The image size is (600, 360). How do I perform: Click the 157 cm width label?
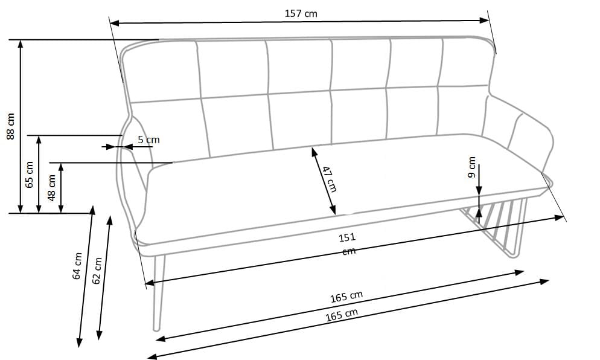click(301, 13)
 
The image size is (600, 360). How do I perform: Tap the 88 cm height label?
click(11, 126)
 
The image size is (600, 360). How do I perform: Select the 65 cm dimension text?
click(30, 175)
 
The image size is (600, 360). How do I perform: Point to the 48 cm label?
click(52, 188)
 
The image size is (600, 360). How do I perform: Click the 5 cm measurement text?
click(148, 140)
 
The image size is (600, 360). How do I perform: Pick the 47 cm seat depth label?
click(329, 179)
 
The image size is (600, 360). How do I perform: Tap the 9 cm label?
click(472, 167)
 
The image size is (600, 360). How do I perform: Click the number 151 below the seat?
click(347, 237)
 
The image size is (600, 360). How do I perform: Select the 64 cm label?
click(77, 266)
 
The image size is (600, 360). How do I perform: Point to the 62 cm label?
click(98, 271)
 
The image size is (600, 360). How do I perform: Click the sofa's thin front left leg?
click(159, 292)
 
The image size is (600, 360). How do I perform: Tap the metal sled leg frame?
click(494, 225)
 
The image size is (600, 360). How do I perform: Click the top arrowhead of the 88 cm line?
click(21, 43)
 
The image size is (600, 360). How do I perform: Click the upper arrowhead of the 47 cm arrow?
click(314, 152)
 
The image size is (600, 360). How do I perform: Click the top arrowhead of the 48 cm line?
click(61, 167)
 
